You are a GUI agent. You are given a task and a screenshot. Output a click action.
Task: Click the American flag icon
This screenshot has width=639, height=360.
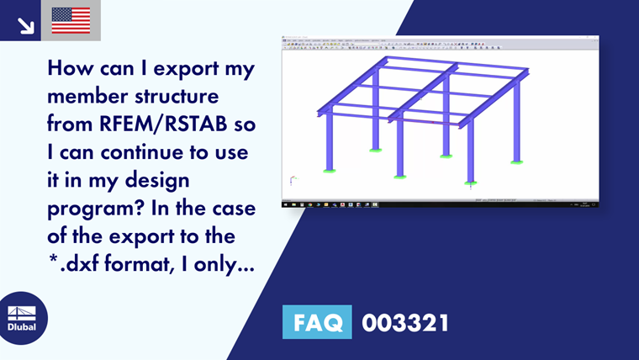click(x=71, y=19)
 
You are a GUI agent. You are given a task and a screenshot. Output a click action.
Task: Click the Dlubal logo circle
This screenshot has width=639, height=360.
click(x=23, y=319)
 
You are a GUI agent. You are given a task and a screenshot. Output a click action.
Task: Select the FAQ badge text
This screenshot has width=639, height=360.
click(x=317, y=322)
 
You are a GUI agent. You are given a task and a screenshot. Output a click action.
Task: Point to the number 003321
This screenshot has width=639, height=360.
click(x=404, y=322)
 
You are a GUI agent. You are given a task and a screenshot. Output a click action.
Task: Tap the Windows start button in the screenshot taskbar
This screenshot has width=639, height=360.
click(x=285, y=204)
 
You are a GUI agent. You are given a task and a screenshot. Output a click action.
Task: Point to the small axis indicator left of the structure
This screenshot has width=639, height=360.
click(x=292, y=180)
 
